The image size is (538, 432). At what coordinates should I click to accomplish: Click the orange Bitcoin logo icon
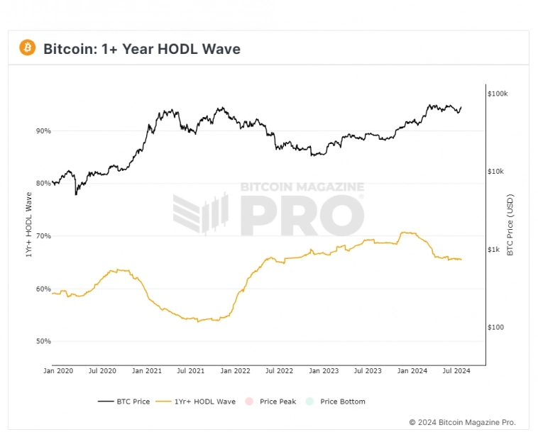click(27, 48)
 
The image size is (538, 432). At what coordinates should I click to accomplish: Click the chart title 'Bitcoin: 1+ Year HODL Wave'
click(142, 49)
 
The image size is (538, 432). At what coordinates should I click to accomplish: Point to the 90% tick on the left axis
click(43, 131)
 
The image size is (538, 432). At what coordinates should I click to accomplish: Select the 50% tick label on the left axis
click(43, 341)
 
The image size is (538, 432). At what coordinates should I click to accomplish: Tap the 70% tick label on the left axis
click(43, 236)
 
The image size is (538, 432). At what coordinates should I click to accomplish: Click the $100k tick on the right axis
click(498, 94)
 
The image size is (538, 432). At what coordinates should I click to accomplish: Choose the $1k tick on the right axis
click(493, 250)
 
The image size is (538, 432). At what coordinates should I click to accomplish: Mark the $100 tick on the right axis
click(495, 328)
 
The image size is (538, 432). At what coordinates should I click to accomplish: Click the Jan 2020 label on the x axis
click(58, 370)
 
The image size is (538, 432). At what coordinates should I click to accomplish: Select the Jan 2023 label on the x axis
click(324, 370)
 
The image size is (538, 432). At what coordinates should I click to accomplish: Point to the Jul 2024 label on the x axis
click(457, 370)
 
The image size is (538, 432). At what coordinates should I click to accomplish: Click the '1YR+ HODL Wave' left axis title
click(29, 225)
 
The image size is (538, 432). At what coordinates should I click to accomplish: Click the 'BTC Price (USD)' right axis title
click(510, 225)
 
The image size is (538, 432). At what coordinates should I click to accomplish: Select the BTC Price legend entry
click(124, 401)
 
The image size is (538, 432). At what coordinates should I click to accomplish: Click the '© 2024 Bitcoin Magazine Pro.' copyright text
click(462, 422)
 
